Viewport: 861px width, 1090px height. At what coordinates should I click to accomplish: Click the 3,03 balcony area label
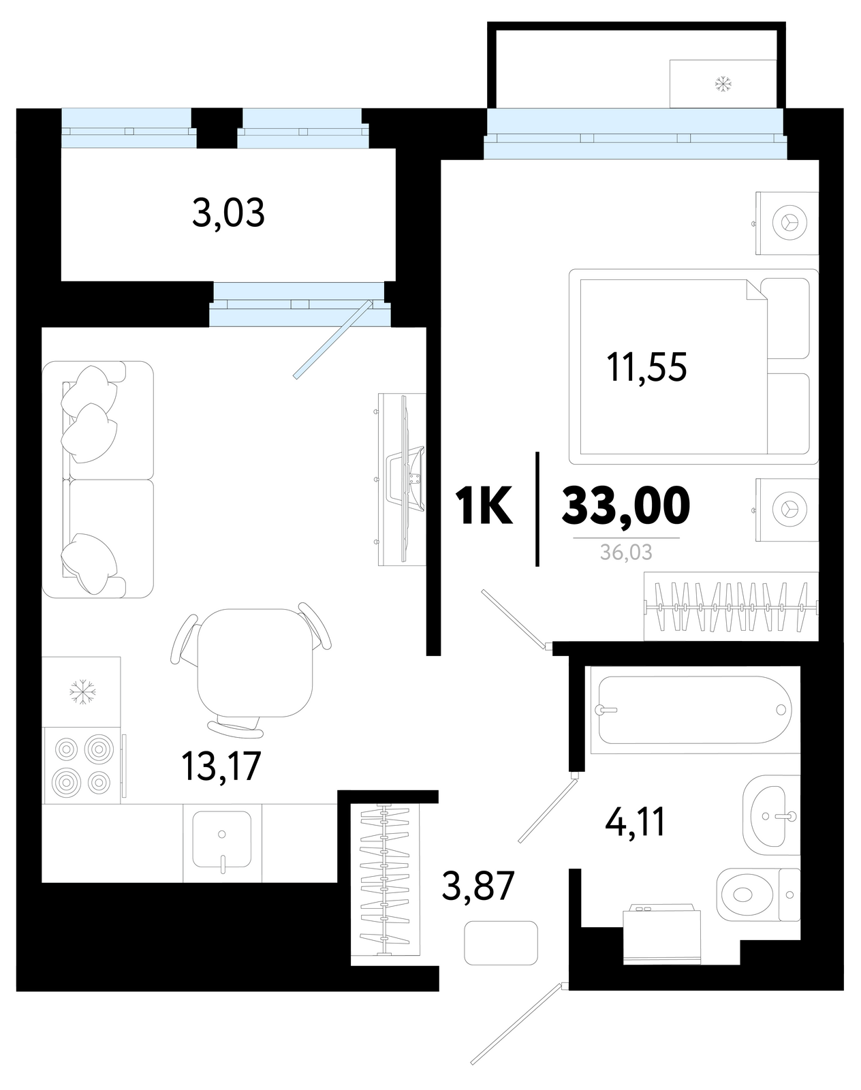point(228,214)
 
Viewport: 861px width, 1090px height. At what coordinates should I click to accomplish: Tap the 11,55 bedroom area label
point(646,367)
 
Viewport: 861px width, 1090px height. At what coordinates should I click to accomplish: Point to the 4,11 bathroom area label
point(635,822)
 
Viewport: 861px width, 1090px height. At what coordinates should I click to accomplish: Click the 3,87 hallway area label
point(478,886)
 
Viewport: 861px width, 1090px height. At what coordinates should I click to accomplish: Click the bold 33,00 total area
point(626,505)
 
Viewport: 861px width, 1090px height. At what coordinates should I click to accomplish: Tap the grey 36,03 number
point(627,552)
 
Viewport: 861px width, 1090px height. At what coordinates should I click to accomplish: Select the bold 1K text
point(484,505)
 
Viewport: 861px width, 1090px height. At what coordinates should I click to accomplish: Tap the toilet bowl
point(758,895)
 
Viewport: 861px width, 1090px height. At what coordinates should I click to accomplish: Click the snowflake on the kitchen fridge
point(82,692)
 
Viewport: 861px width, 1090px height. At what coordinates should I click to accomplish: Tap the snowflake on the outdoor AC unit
point(723,84)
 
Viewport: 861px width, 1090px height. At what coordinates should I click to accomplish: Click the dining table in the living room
point(255,663)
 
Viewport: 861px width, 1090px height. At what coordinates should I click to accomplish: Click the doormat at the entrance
point(501,943)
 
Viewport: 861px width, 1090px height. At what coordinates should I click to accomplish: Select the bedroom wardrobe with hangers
point(732,606)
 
